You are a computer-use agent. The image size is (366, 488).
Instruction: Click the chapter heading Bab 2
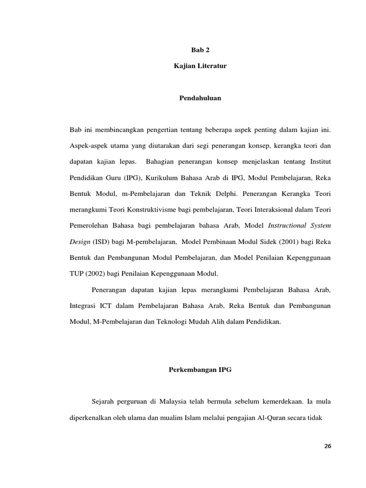[200, 50]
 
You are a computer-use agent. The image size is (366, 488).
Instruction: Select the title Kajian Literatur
[200, 66]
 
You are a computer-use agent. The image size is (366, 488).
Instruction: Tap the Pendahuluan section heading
[200, 98]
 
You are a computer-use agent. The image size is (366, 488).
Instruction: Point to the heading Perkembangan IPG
[200, 369]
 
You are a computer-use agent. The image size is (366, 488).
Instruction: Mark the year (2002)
[97, 274]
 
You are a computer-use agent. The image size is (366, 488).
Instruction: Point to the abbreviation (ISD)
[101, 242]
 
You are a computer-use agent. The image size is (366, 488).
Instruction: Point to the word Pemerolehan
[91, 225]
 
